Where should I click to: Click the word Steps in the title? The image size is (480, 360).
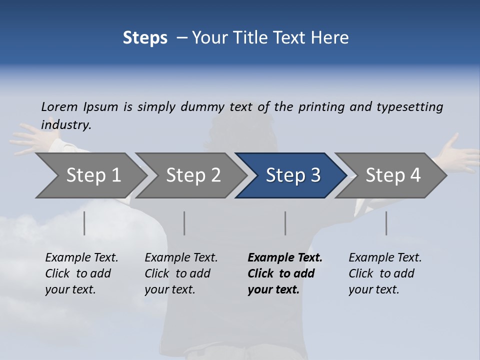tap(145, 38)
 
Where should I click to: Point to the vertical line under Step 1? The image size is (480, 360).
tap(84, 223)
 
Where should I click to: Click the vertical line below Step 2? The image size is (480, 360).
tap(184, 223)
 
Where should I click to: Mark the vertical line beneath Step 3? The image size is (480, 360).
tap(285, 223)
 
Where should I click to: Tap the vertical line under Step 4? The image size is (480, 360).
tap(386, 223)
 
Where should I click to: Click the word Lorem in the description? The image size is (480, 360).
tap(59, 106)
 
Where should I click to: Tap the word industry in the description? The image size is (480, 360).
tap(66, 124)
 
